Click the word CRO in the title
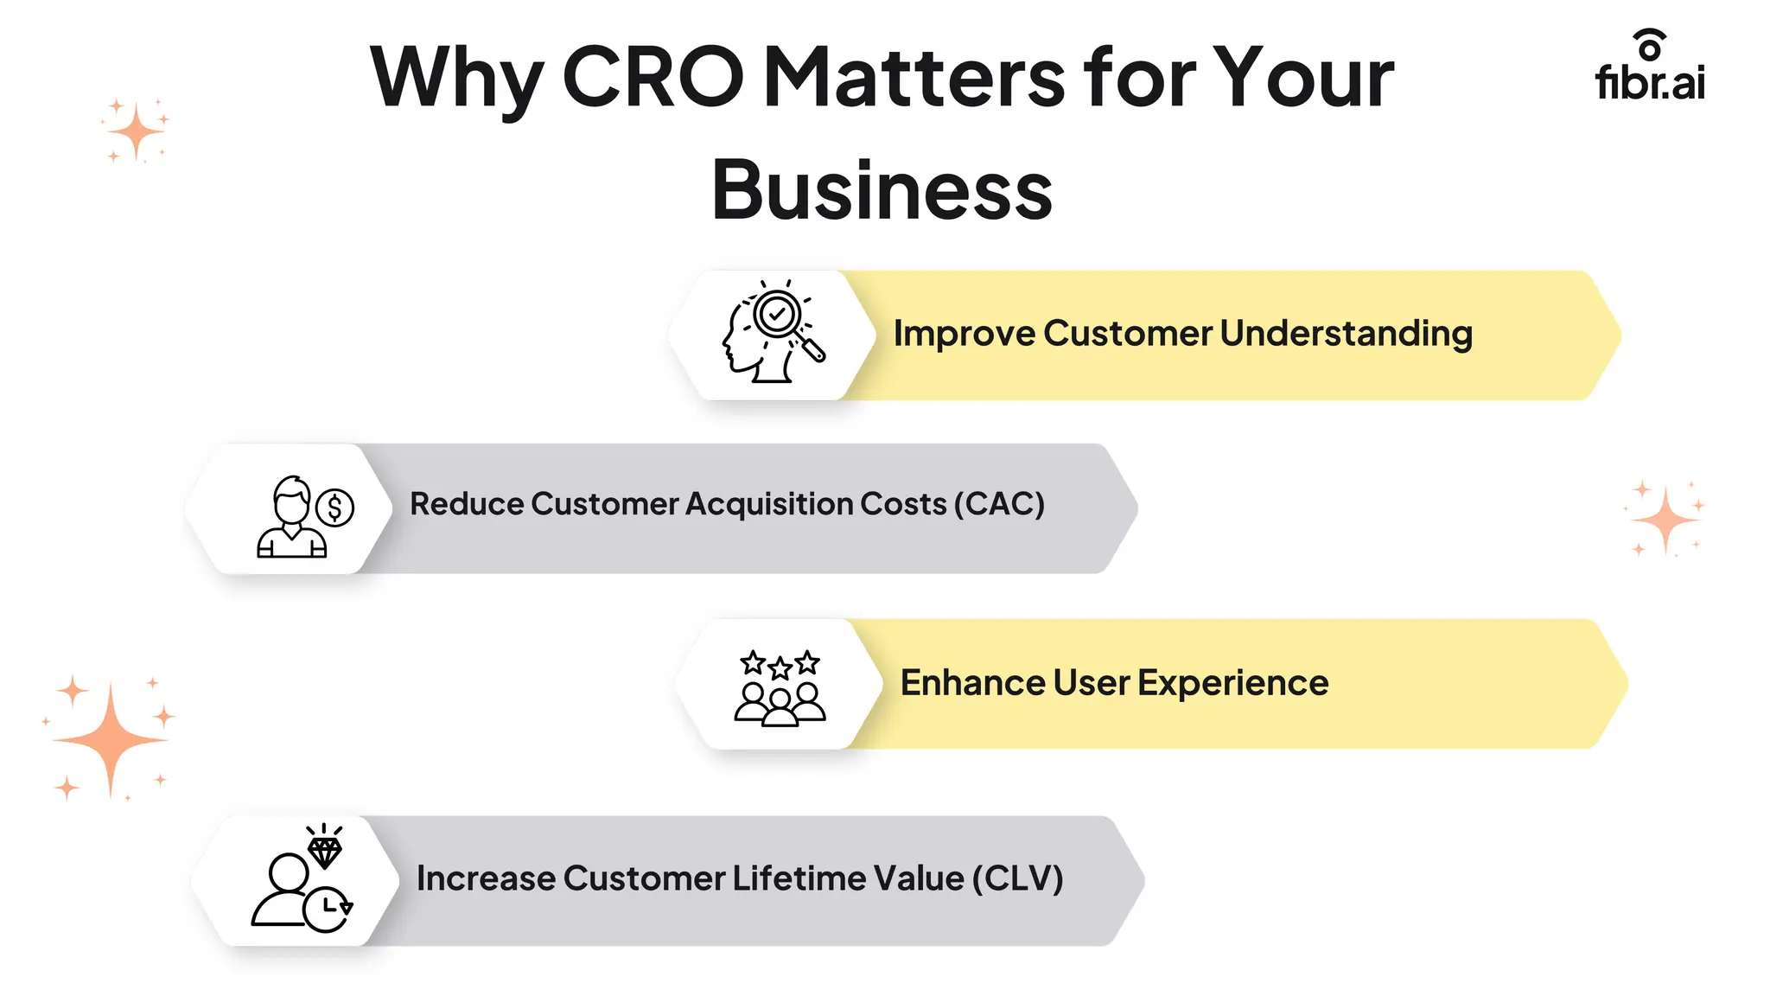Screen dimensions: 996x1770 [653, 78]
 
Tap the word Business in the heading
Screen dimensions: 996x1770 [882, 190]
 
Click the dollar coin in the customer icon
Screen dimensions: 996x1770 [334, 508]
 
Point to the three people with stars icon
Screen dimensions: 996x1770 [780, 687]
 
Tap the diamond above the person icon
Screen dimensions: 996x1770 [325, 852]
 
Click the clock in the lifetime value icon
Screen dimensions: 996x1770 [328, 909]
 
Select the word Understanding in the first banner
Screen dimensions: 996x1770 [1346, 334]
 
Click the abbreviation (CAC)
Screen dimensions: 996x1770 [999, 504]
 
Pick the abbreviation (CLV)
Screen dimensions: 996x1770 [1017, 878]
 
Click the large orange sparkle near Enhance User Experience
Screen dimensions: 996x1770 [110, 740]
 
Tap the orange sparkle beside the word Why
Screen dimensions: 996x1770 [136, 132]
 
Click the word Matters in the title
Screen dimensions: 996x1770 [914, 78]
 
